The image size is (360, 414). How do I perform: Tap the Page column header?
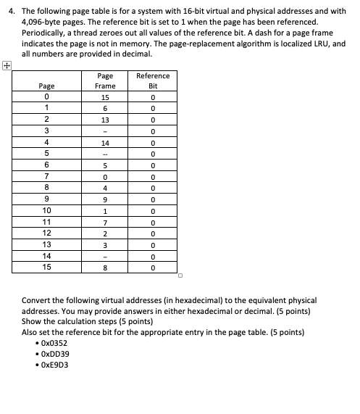tap(46, 85)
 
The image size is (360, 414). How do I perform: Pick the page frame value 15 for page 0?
tap(105, 96)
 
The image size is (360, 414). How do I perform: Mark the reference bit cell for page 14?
tap(153, 256)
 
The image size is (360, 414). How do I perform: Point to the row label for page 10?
tap(46, 210)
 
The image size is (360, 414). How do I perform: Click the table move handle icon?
tap(7, 65)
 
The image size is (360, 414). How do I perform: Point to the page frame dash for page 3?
tap(105, 131)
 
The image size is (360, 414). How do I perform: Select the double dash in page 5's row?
tap(105, 154)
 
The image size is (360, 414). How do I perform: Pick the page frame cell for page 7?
tap(105, 176)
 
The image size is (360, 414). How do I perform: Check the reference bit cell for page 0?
tap(153, 96)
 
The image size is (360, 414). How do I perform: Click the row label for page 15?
tap(46, 268)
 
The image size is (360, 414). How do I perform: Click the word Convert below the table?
tap(36, 299)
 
